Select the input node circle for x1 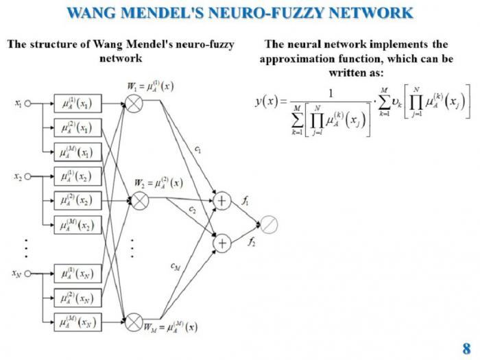pos(28,104)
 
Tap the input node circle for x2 pos(28,177)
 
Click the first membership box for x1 pos(77,104)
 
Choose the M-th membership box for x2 pos(77,225)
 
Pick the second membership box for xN pos(77,298)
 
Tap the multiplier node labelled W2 pos(139,200)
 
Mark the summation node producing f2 pos(223,243)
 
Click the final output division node pos(269,224)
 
